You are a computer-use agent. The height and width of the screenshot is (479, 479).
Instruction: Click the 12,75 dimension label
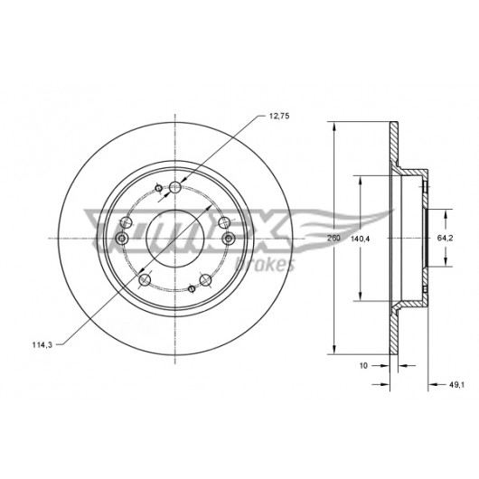pyautogui.click(x=278, y=116)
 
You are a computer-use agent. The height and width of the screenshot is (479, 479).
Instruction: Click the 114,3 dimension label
pyautogui.click(x=42, y=345)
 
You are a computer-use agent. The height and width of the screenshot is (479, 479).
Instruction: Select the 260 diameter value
pyautogui.click(x=333, y=238)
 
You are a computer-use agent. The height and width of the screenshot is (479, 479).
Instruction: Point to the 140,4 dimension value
pyautogui.click(x=360, y=239)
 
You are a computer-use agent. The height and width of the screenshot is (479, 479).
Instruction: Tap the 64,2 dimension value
pyautogui.click(x=445, y=239)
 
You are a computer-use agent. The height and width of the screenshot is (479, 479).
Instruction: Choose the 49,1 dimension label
pyautogui.click(x=456, y=385)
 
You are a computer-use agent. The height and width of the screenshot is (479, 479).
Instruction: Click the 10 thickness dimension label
pyautogui.click(x=363, y=365)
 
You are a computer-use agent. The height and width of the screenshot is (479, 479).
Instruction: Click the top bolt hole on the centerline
pyautogui.click(x=175, y=187)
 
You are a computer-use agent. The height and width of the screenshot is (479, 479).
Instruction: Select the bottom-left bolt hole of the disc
pyautogui.click(x=145, y=279)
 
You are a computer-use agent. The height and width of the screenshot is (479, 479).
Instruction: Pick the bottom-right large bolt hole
pyautogui.click(x=205, y=279)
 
